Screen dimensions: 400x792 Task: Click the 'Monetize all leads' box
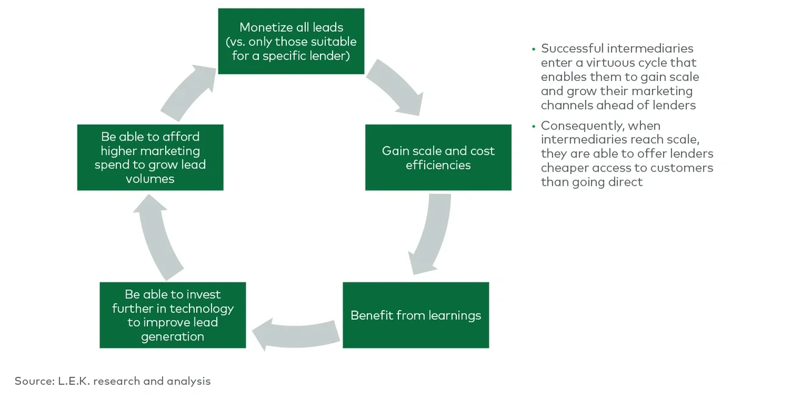pos(291,41)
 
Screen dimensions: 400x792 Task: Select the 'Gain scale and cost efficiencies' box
pos(438,158)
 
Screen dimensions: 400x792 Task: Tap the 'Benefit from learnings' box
pos(415,315)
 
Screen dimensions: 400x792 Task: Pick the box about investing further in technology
pos(172,315)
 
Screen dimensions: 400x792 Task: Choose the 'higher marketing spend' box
pos(150,158)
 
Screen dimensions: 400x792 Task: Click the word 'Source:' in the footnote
pos(35,381)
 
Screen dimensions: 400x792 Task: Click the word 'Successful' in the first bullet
pos(571,49)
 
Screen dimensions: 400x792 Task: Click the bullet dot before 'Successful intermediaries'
pos(534,49)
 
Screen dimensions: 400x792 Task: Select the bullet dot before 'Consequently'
pos(534,125)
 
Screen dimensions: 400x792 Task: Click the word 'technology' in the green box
pos(201,309)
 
